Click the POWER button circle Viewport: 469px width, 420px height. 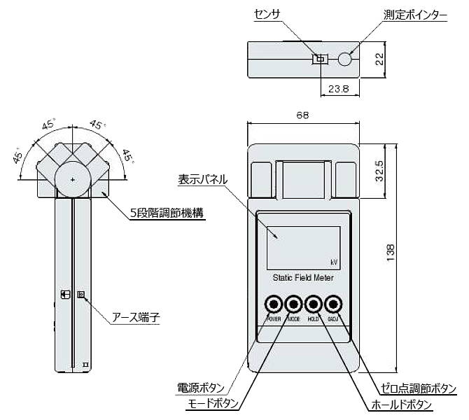pyautogui.click(x=272, y=304)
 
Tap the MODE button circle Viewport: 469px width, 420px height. pyautogui.click(x=293, y=304)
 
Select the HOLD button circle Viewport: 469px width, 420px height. pyautogui.click(x=314, y=304)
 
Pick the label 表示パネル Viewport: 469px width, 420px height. pyautogui.click(x=202, y=179)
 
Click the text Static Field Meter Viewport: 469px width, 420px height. pyautogui.click(x=303, y=278)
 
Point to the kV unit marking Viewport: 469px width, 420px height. pyautogui.click(x=334, y=262)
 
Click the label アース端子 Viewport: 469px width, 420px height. pyautogui.click(x=136, y=317)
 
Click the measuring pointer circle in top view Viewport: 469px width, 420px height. pyautogui.click(x=345, y=59)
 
